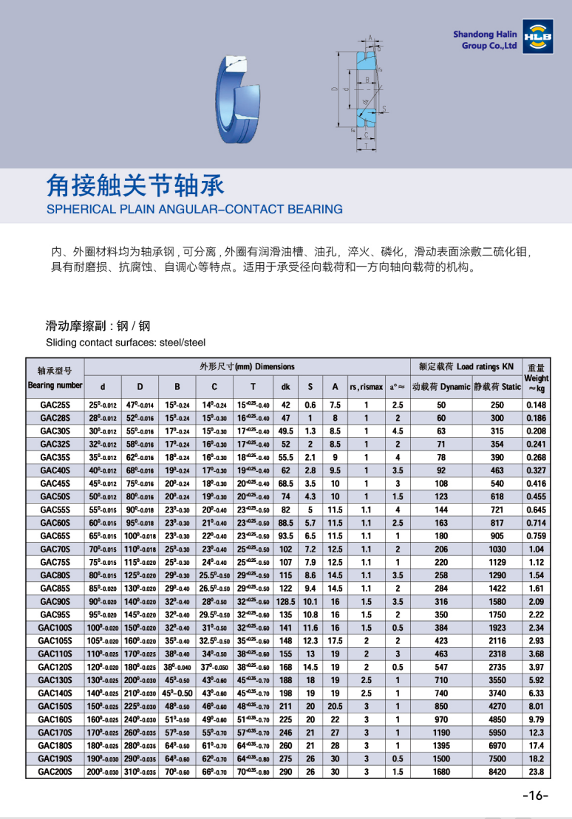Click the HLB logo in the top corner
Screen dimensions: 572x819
[537, 38]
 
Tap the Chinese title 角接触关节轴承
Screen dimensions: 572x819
[135, 185]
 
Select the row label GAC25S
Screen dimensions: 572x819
[55, 405]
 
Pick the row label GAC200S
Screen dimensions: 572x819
[55, 771]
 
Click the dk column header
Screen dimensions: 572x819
[285, 386]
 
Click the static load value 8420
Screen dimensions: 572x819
[497, 771]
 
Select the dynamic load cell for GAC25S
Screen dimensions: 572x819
[441, 405]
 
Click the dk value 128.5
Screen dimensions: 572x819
[285, 601]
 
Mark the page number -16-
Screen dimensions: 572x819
[534, 795]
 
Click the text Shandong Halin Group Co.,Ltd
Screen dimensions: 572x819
[485, 40]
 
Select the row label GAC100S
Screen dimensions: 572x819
[55, 628]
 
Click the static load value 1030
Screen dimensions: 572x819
[497, 549]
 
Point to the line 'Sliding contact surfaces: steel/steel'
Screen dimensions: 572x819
[126, 343]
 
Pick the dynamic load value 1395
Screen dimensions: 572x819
[441, 745]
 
